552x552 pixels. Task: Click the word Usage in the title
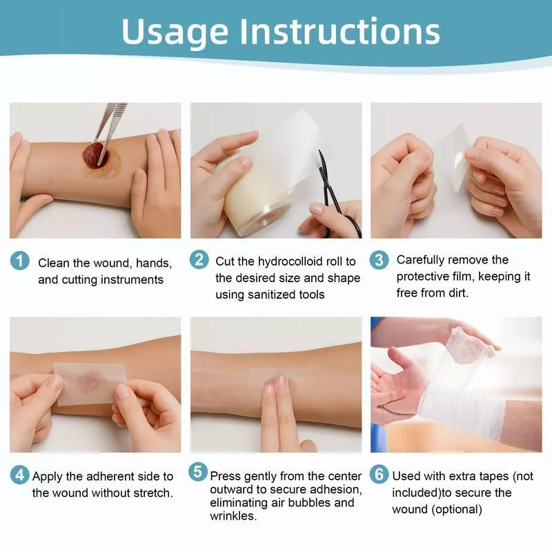[175, 31]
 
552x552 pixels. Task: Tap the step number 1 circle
[20, 261]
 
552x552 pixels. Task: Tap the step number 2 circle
[199, 260]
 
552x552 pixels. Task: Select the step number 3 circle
[379, 259]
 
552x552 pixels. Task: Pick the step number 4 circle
[20, 475]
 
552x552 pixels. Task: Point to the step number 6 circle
[379, 475]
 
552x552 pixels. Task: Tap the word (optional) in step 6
[456, 509]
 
